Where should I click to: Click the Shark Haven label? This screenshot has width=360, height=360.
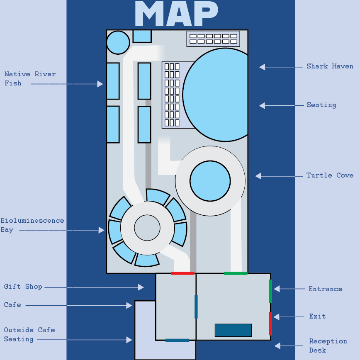tap(330, 66)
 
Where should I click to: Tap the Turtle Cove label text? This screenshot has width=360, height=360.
tap(330, 175)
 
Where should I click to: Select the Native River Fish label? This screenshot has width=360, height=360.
tap(30, 79)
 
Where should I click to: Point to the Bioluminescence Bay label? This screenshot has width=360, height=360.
tap(32, 225)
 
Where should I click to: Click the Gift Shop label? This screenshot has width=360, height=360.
tap(23, 287)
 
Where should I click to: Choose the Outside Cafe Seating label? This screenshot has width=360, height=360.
tap(29, 335)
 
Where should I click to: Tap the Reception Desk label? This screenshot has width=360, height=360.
tap(328, 345)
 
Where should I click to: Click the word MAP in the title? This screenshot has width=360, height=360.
tap(176, 15)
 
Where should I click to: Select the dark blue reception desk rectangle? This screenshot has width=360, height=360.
tap(233, 330)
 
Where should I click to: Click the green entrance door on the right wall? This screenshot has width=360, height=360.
tap(270, 291)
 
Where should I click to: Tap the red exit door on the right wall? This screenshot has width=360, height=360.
tap(270, 323)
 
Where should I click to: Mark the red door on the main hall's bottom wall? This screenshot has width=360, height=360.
tap(182, 273)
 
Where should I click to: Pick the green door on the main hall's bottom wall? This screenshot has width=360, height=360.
tap(236, 273)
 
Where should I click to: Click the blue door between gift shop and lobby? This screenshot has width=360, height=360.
tap(196, 306)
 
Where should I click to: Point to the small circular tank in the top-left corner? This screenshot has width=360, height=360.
tap(118, 42)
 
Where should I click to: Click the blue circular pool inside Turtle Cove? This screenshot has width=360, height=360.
tap(210, 181)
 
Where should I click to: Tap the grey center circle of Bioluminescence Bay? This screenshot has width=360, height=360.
tap(147, 228)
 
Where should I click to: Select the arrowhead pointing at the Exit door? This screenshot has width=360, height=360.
tap(277, 317)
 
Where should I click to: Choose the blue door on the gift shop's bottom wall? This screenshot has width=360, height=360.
tap(177, 340)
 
